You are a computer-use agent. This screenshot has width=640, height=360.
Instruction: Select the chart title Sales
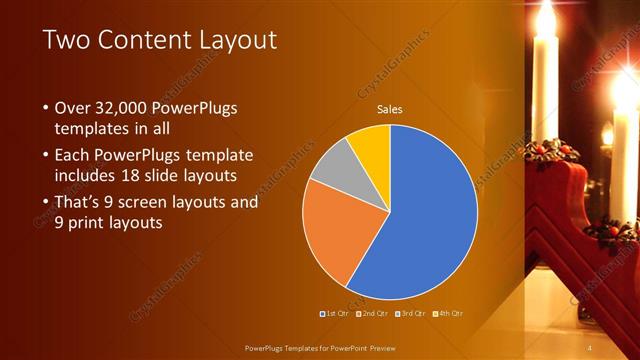pos(390,110)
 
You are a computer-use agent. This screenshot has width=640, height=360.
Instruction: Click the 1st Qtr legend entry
pos(336,313)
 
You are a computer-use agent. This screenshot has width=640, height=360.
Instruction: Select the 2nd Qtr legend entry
pos(372,313)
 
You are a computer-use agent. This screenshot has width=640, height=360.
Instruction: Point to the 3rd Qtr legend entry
pos(409,313)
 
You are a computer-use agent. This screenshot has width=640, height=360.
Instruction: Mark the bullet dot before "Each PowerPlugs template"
pos(45,156)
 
